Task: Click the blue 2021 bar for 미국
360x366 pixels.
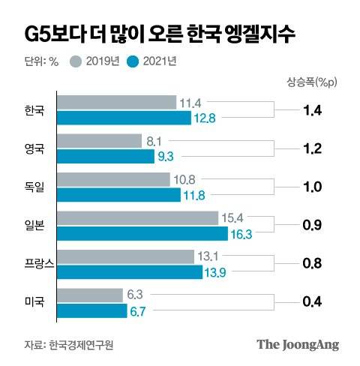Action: coord(91,310)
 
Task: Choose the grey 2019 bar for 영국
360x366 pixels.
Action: coord(99,140)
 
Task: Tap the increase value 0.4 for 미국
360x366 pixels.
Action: coord(313,302)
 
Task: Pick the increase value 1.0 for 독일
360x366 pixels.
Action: coord(313,187)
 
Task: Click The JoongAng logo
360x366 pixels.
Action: coord(298,345)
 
